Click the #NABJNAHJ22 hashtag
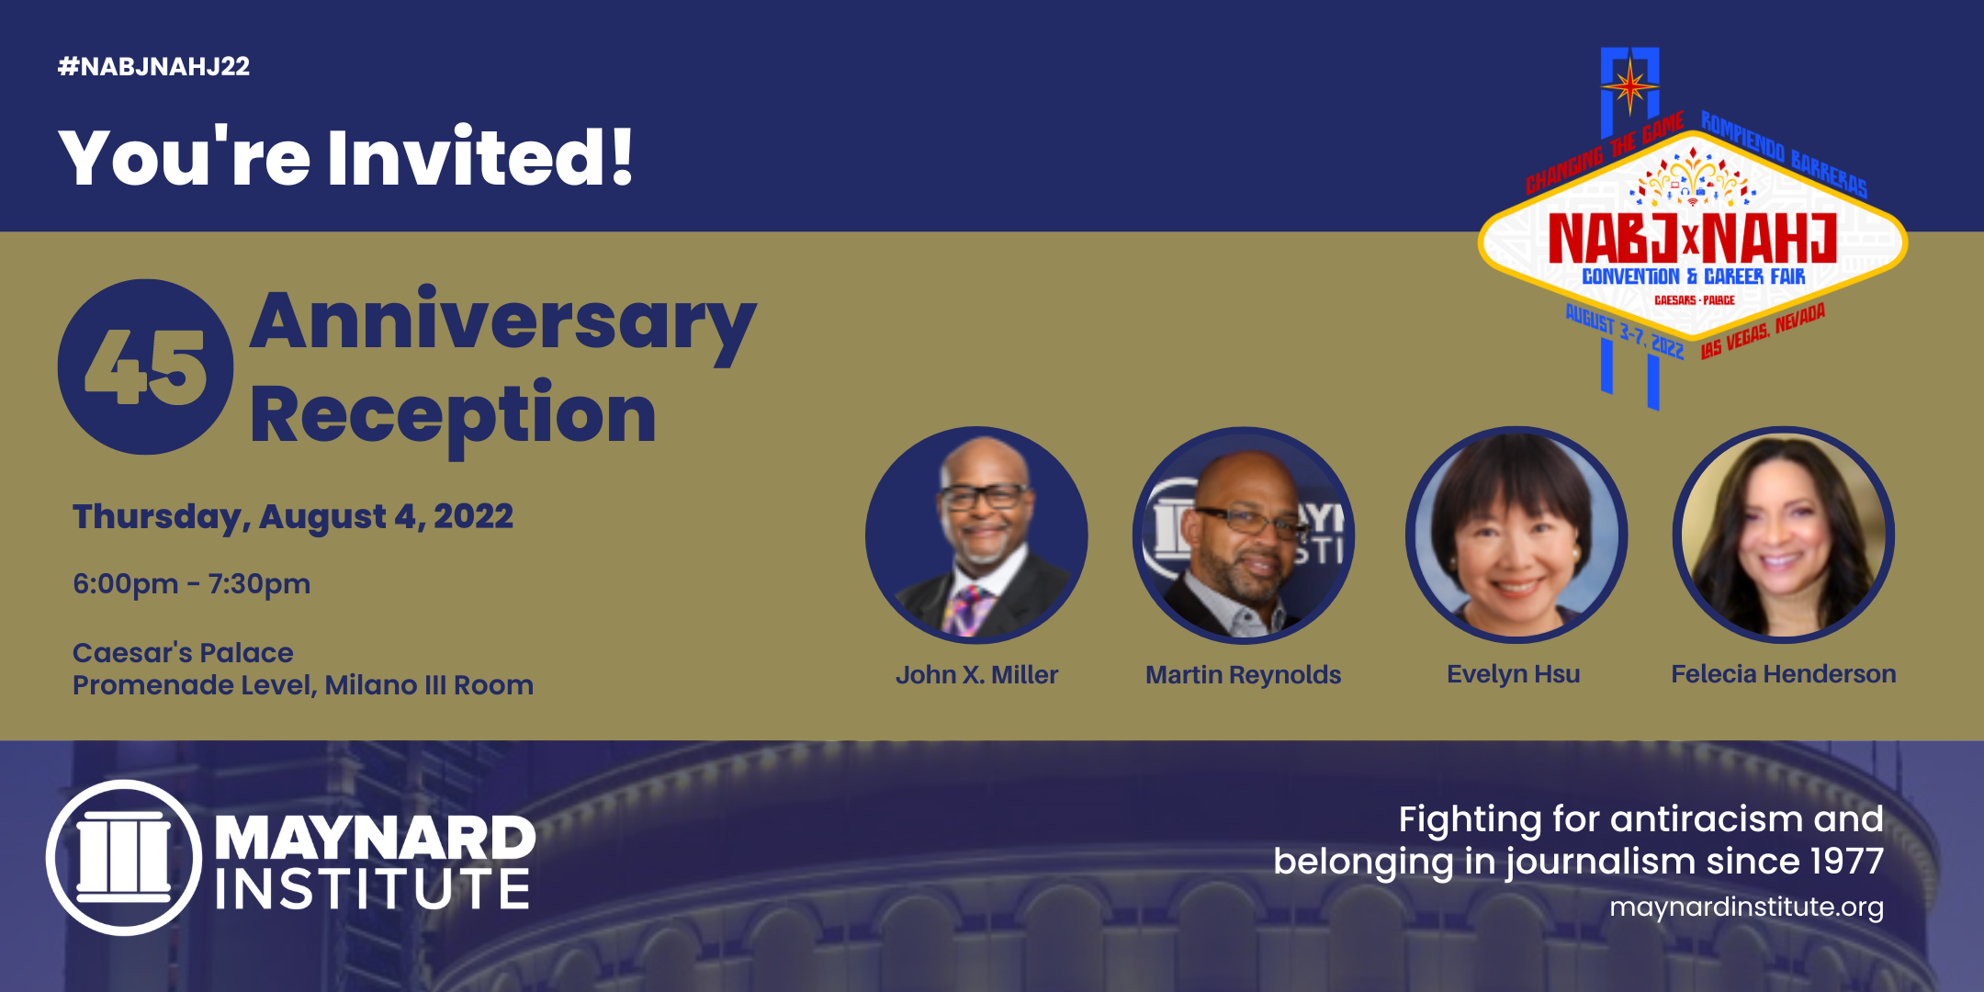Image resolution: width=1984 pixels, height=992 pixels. click(x=153, y=66)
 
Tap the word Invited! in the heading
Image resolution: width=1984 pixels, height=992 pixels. click(x=479, y=157)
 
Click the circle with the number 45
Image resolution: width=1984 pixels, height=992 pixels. click(x=145, y=366)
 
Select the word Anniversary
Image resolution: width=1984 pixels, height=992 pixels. click(x=502, y=326)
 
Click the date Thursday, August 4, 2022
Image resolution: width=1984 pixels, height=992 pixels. click(x=293, y=517)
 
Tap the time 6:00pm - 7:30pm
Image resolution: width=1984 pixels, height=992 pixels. click(x=192, y=583)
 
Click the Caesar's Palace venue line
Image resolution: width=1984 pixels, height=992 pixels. click(x=183, y=652)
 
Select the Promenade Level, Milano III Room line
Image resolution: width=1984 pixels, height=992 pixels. click(x=303, y=685)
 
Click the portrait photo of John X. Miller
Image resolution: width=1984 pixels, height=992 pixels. click(x=976, y=535)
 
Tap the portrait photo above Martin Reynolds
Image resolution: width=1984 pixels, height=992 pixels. click(x=1244, y=535)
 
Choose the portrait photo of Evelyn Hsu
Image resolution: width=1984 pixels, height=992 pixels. click(x=1516, y=535)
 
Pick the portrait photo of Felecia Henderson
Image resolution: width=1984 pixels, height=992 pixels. click(x=1784, y=535)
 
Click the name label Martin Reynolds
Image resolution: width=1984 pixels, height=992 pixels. click(x=1243, y=675)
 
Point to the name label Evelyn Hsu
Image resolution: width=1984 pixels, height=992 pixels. click(x=1514, y=674)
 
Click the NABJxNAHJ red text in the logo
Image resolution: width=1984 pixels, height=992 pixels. click(x=1692, y=238)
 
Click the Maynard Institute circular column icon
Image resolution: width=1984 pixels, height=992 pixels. click(x=124, y=858)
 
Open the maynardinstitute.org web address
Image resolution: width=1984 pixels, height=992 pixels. click(x=1746, y=907)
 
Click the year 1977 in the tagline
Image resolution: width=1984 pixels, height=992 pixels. click(x=1846, y=862)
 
